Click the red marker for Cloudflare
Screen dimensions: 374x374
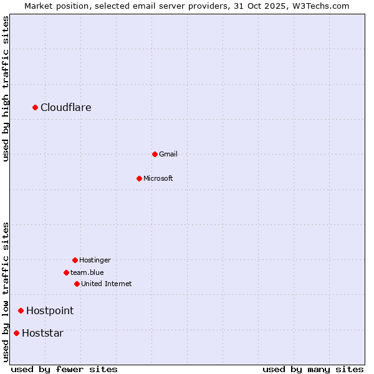click(x=36, y=108)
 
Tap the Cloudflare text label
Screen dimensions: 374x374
click(x=66, y=108)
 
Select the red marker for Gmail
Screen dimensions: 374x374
click(x=155, y=154)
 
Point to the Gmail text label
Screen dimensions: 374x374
click(x=168, y=154)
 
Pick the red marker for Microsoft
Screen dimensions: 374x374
click(x=140, y=178)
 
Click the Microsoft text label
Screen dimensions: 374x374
click(x=158, y=178)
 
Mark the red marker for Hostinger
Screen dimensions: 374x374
click(x=75, y=260)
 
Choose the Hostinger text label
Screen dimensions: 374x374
click(x=95, y=260)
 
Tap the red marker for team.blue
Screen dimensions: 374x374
click(x=66, y=272)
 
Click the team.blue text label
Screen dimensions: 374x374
click(x=87, y=272)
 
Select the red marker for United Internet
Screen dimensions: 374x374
click(x=77, y=284)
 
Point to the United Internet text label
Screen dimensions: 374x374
click(x=107, y=284)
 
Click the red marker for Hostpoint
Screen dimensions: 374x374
click(x=21, y=310)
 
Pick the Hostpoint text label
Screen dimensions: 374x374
click(x=50, y=311)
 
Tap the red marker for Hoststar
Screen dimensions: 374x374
click(x=16, y=333)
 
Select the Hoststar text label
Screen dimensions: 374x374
click(x=42, y=333)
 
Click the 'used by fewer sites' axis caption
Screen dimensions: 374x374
click(x=64, y=369)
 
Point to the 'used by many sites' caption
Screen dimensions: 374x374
click(x=313, y=369)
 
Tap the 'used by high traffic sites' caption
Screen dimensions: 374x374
click(x=6, y=89)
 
